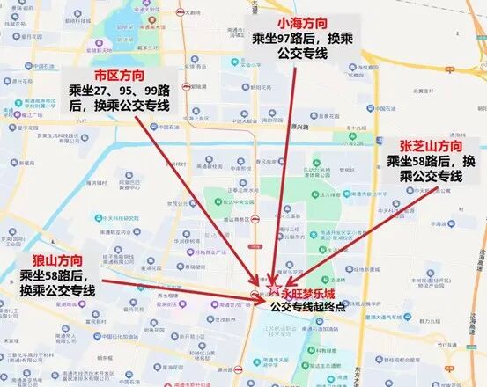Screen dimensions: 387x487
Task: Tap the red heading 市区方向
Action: [x=120, y=73]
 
